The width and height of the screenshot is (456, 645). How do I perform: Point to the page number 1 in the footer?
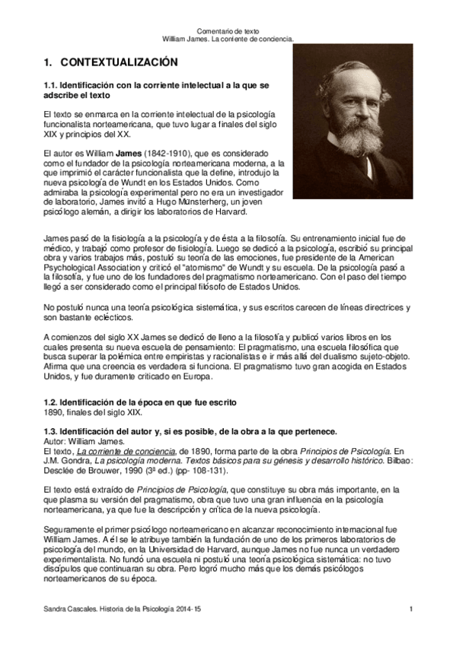[x=410, y=610]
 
